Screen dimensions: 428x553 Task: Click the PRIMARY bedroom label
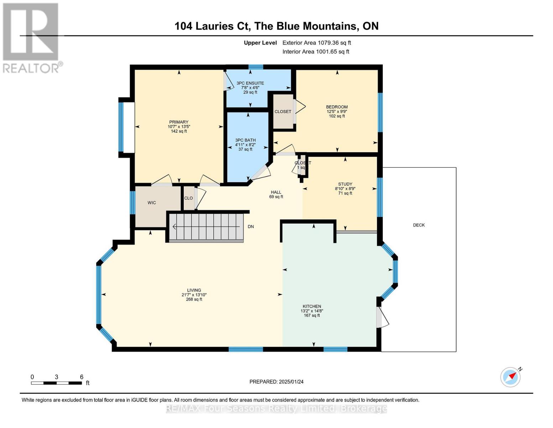179,122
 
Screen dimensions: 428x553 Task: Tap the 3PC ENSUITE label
250,83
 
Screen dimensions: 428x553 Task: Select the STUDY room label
345,184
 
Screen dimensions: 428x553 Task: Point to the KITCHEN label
312,306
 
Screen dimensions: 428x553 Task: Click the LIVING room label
194,290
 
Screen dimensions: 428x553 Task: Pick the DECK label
419,225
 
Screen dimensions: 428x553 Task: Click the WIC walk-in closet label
152,203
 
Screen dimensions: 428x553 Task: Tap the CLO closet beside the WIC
188,198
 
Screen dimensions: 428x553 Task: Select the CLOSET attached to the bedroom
283,112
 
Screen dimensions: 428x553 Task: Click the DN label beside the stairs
251,227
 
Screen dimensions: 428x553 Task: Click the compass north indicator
511,377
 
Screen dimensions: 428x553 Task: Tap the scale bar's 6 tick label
82,377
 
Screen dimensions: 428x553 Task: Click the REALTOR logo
31,37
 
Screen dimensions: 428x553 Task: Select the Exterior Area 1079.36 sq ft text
317,43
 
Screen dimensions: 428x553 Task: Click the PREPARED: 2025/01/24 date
276,382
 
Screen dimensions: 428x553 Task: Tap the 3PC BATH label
245,140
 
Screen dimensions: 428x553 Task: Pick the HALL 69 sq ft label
276,194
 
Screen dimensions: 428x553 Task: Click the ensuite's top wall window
256,67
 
